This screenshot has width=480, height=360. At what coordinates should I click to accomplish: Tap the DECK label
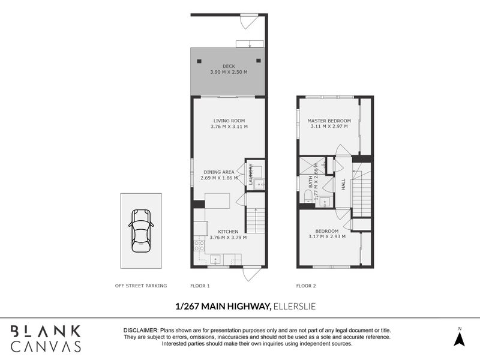[228, 66]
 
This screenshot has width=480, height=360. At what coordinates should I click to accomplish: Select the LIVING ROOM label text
[229, 121]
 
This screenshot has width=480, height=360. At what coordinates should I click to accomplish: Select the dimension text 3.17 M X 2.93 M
[326, 238]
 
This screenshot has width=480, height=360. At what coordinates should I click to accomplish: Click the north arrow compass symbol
[459, 338]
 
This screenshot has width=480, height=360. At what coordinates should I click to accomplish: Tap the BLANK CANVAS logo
[46, 338]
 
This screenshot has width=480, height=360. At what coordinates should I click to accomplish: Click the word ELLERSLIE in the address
[295, 307]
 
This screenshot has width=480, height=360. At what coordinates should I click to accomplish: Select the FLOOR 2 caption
[306, 286]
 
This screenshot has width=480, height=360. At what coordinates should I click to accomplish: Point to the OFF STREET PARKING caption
[141, 286]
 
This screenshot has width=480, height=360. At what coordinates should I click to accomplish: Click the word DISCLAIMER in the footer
[140, 331]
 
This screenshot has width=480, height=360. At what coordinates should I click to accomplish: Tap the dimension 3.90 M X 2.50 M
[228, 72]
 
